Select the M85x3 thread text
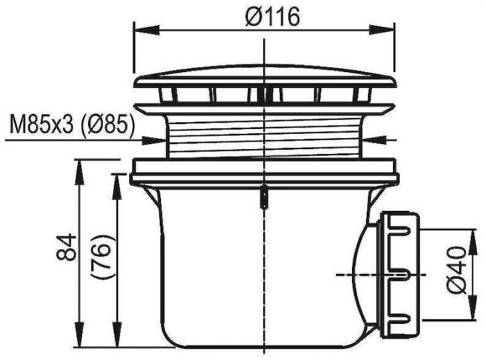click(42, 125)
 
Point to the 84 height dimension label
click(66, 247)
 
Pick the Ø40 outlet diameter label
click(457, 271)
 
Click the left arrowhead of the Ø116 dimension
click(146, 31)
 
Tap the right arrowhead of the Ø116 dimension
click(382, 31)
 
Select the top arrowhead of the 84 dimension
click(80, 173)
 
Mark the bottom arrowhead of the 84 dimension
click(80, 334)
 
